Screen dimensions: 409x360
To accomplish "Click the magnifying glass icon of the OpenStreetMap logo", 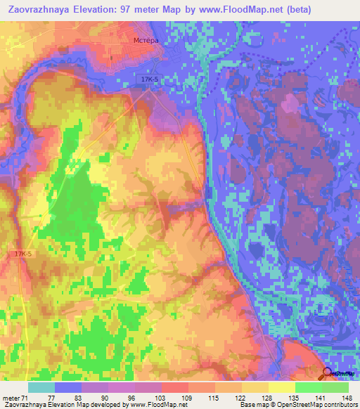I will [328, 375].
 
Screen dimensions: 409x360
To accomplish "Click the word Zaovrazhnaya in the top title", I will [40, 9].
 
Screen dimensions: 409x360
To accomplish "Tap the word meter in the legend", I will [11, 398].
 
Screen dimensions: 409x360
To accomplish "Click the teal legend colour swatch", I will [41, 387].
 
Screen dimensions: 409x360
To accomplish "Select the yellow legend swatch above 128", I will [255, 387].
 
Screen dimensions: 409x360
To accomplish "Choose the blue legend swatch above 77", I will [68, 387].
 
